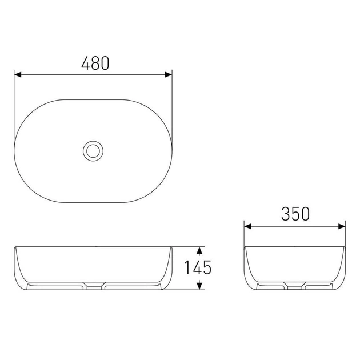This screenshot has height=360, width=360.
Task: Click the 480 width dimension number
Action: click(95, 63)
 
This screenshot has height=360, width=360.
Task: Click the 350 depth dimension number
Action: click(295, 214)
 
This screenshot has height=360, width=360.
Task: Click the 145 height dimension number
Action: click(198, 267)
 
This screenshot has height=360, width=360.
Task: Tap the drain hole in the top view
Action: click(93, 151)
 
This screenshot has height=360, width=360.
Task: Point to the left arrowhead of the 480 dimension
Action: click(18, 75)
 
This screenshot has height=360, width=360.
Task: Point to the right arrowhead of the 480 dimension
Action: click(169, 75)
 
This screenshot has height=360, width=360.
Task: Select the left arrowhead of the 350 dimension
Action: click(248, 227)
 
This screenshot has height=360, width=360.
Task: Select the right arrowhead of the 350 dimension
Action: click(342, 227)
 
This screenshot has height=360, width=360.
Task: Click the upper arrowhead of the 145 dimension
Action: click(199, 250)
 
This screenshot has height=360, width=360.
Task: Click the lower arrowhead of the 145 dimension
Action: click(199, 286)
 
